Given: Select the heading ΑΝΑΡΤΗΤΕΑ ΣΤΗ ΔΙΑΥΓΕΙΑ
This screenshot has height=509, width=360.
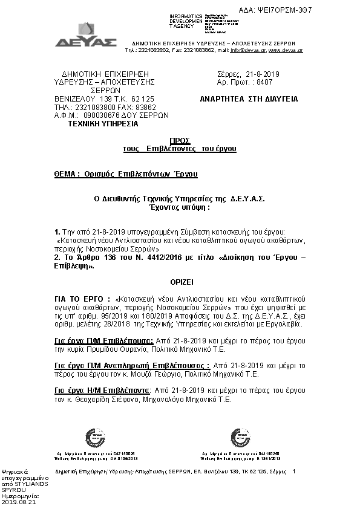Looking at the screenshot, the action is tap(249, 99).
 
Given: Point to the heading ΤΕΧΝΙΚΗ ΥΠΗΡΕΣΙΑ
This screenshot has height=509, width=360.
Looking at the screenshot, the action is tap(102, 123).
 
